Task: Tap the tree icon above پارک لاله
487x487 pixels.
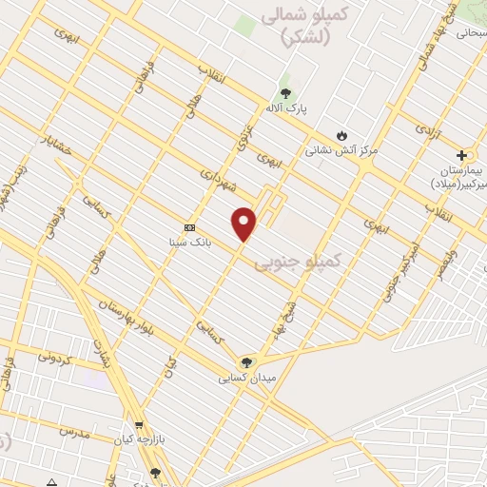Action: coord(285,93)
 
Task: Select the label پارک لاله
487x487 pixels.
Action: coord(285,109)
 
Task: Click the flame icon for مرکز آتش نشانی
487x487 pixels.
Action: coord(342,134)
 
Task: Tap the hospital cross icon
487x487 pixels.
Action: coord(462,154)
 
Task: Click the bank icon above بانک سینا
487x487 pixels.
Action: coord(189,227)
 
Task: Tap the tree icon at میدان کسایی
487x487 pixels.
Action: coord(245,362)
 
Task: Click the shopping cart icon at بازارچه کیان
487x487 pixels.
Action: coord(140,426)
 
